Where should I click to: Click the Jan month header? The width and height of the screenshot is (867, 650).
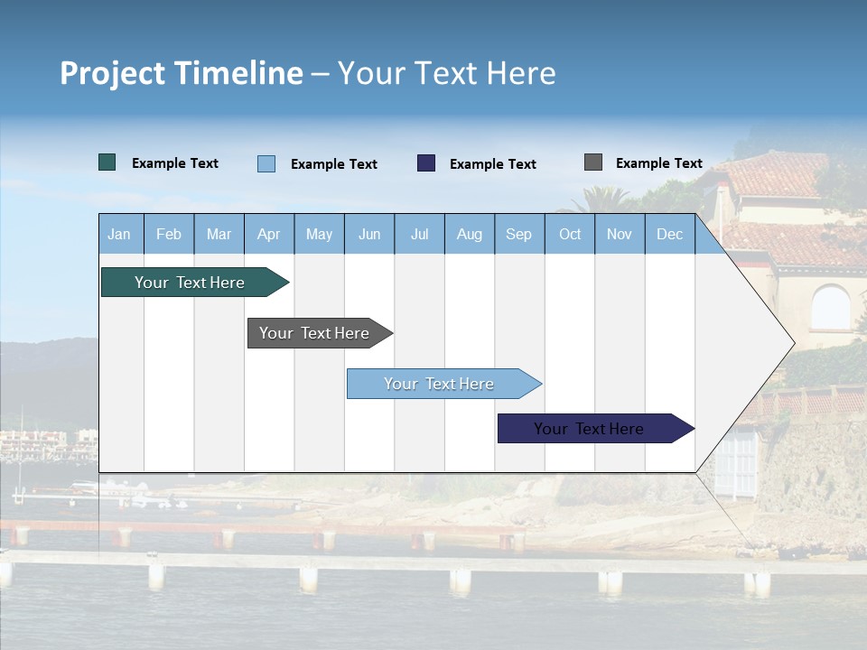point(120,235)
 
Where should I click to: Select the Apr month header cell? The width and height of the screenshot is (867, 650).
point(269,235)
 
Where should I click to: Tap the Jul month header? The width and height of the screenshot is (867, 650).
point(420,235)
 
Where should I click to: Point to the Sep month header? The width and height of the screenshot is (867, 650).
point(519,235)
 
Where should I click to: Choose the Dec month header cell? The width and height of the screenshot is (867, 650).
point(670,235)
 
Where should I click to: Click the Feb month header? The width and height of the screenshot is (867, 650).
point(169,235)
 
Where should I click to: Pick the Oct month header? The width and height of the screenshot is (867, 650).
point(570,235)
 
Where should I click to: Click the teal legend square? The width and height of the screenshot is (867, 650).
point(107,162)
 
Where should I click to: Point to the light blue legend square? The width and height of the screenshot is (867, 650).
point(266,163)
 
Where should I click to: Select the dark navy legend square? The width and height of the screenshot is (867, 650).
point(426,163)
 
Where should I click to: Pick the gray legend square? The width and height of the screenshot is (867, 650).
point(593,162)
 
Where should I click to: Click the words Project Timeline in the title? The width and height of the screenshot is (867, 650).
point(182,73)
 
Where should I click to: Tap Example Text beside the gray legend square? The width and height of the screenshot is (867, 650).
point(658,163)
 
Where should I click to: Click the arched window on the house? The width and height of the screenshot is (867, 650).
point(830,308)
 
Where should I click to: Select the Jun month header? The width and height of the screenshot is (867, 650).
point(369,235)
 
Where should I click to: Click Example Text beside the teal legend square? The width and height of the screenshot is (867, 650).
point(175,163)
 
